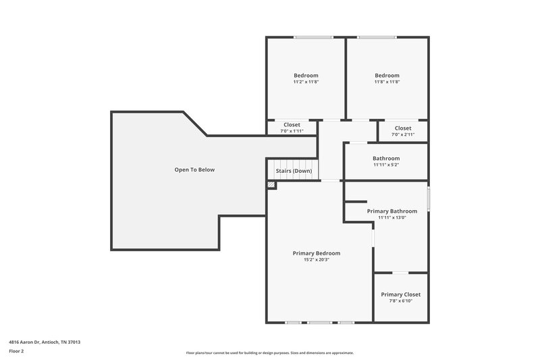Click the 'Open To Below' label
(194, 170)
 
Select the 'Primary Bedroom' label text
(316, 253)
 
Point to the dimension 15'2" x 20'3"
(316, 260)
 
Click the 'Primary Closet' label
(400, 294)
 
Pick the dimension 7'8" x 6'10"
(400, 301)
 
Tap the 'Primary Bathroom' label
(391, 211)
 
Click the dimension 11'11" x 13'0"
(391, 217)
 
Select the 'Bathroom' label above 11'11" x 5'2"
(386, 158)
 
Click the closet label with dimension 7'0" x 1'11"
(292, 125)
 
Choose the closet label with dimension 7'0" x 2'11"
(403, 128)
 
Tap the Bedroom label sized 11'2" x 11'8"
(306, 75)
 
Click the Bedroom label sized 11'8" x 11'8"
(387, 75)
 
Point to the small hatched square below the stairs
(271, 184)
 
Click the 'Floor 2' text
(16, 351)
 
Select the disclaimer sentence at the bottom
(269, 353)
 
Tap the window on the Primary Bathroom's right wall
(428, 200)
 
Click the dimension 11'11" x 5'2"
(386, 165)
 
